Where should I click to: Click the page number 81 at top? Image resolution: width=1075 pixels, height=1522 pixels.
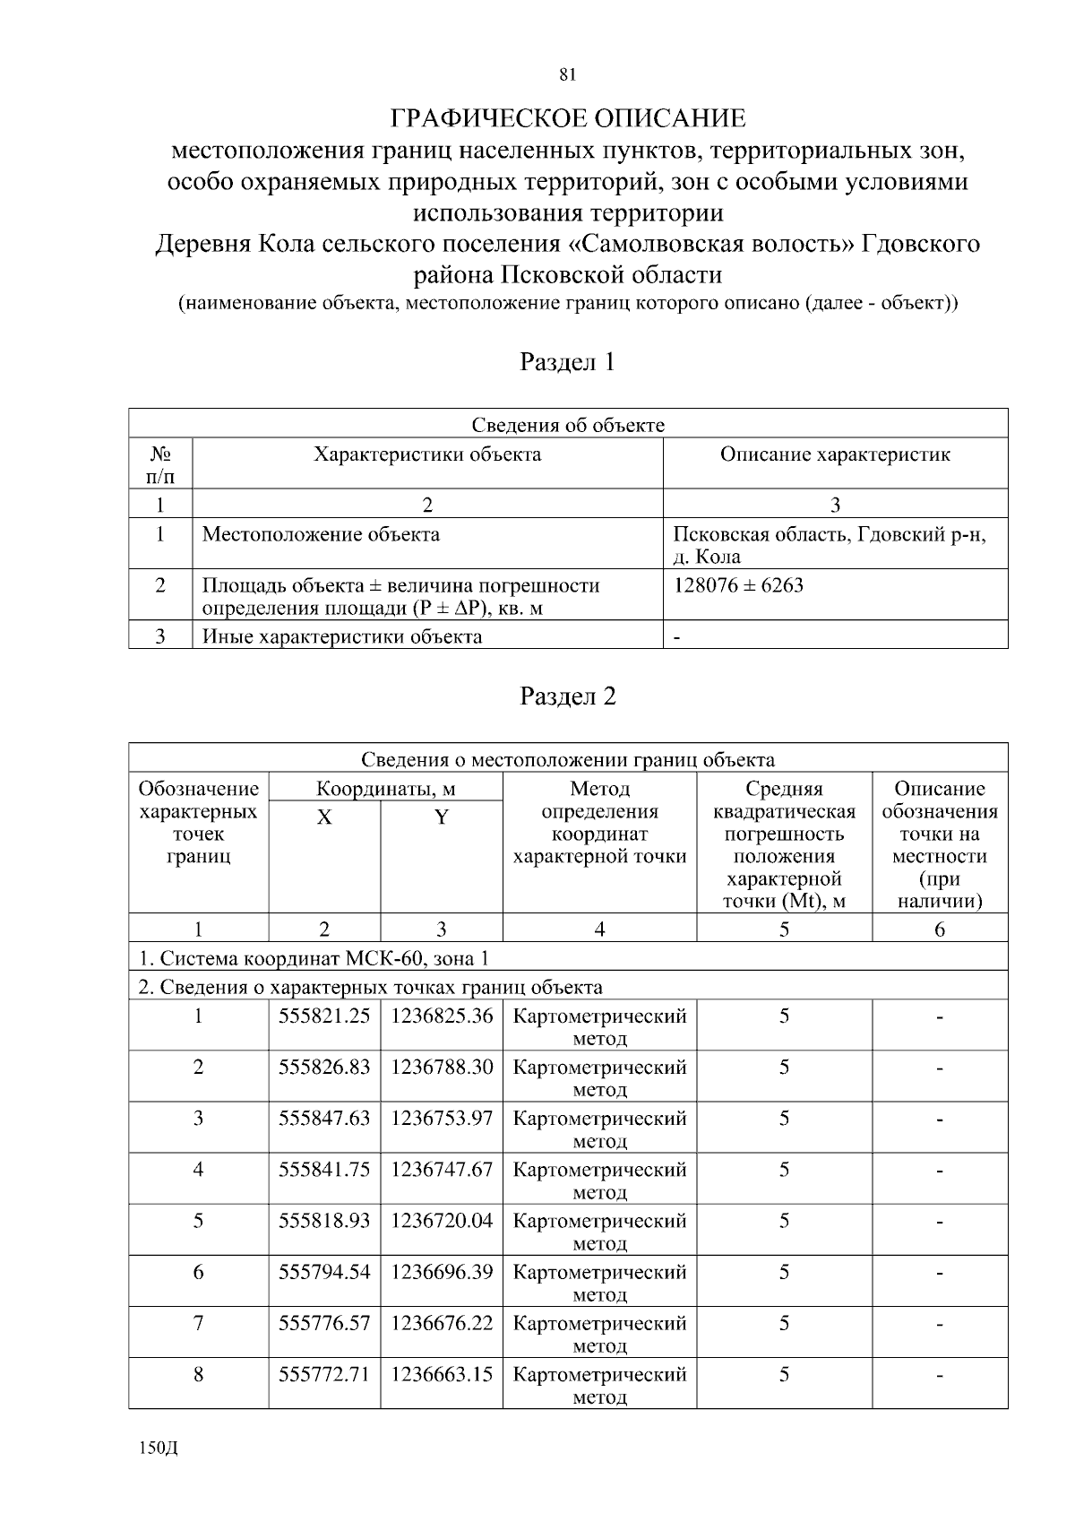[566, 75]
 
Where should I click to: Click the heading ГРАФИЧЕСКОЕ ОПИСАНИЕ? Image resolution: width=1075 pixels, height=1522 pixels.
[567, 118]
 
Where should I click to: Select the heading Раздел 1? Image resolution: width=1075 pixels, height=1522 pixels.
[567, 362]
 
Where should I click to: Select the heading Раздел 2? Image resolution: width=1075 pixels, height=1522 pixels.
[567, 696]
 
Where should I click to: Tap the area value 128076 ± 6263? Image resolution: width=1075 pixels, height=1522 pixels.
[738, 585]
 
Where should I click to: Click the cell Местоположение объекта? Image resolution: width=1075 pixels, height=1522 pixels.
[321, 535]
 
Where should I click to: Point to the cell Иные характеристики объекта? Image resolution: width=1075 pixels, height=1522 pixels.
[341, 637]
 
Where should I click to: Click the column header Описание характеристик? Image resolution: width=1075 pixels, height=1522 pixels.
[835, 454]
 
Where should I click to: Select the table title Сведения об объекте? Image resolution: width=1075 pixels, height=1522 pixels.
[567, 425]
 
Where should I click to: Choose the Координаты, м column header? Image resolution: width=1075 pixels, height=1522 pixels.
[385, 790]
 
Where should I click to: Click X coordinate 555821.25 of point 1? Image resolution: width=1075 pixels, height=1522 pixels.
[324, 1016]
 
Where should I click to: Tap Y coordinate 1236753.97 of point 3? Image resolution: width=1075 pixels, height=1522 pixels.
[442, 1119]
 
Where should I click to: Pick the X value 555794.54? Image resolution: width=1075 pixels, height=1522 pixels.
[324, 1272]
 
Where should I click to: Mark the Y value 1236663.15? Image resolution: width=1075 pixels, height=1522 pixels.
[442, 1374]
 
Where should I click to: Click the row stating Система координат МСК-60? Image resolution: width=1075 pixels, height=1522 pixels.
[314, 958]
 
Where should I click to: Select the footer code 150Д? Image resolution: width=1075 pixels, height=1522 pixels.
[159, 1449]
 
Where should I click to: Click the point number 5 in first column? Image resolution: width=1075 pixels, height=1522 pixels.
[198, 1221]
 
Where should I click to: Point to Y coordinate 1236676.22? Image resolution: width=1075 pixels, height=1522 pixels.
[442, 1323]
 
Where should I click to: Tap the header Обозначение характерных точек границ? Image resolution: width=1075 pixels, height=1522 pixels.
[198, 823]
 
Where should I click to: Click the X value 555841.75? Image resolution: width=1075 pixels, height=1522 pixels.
[324, 1170]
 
